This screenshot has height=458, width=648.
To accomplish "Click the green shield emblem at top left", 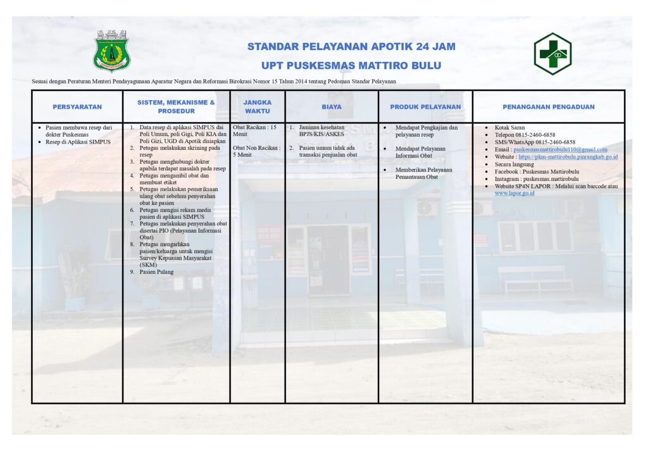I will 111,51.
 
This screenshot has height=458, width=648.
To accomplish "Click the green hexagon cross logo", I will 552,54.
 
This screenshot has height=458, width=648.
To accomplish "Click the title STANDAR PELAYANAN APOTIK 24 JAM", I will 351,47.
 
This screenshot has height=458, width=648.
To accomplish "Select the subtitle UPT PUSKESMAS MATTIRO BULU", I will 351,65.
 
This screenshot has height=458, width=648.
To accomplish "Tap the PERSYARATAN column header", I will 77,107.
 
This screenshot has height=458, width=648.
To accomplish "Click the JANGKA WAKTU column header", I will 258,106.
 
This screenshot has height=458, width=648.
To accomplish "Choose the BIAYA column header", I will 331,107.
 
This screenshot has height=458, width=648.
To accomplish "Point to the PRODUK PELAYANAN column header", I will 425,107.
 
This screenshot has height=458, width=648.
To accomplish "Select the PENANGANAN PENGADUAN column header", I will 549,107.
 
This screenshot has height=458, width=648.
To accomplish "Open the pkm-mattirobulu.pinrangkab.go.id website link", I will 568,157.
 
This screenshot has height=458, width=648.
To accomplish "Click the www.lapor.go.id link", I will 514,193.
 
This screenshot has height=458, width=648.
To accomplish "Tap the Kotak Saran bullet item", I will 509,128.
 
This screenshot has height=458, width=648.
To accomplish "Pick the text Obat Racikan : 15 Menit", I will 254,131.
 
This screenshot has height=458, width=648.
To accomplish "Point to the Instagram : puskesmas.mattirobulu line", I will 536,179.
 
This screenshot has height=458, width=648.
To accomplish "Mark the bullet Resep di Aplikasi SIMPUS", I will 78,142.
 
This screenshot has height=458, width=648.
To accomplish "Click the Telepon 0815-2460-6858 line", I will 525,135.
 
